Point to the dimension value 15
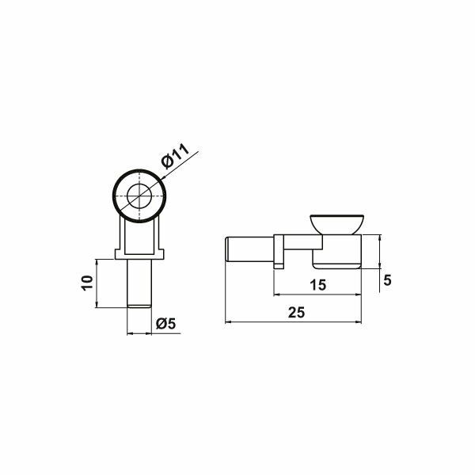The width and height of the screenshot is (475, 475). coord(318,286)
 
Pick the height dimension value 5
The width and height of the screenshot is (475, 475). coord(387,280)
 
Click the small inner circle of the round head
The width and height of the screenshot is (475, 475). coord(140,195)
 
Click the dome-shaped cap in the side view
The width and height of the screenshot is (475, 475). coord(336,222)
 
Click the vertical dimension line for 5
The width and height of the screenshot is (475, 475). coord(379,249)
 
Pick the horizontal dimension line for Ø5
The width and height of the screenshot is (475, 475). coord(140,333)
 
